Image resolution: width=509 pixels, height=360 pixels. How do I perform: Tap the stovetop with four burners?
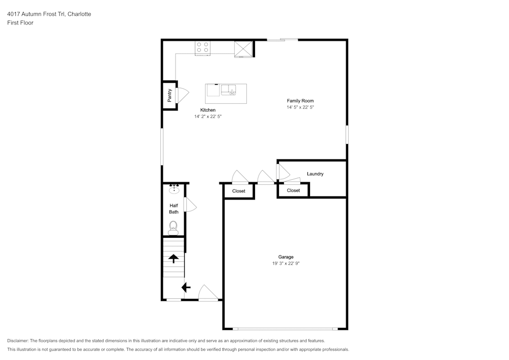coord(203,48)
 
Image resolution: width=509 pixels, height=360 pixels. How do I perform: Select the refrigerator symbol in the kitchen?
coord(243,49)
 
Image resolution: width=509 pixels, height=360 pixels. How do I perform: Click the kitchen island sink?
coord(229,90)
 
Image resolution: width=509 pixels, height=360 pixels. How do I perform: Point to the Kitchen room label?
coord(208,110)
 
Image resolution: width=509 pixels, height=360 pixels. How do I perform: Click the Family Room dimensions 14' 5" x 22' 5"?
coord(300,107)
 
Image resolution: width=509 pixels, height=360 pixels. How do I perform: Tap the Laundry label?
coord(315,174)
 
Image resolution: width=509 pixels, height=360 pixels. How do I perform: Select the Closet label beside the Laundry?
coord(293,190)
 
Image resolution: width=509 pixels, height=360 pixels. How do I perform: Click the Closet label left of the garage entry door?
coord(239,191)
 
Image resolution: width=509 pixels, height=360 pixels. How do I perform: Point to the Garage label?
coord(286,257)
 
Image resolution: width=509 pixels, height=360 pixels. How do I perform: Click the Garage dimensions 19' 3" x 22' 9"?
coord(289,264)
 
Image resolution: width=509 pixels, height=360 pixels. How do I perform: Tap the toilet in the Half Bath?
coord(174,227)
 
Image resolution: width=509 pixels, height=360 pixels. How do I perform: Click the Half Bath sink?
coord(174,189)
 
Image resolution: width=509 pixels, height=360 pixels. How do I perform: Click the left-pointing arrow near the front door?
coord(186,288)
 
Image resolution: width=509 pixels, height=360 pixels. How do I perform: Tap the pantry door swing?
coord(182,95)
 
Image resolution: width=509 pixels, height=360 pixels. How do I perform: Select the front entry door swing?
coord(209,293)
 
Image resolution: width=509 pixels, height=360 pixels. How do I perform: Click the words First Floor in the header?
coord(20,23)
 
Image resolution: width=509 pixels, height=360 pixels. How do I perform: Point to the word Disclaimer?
coord(18,341)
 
